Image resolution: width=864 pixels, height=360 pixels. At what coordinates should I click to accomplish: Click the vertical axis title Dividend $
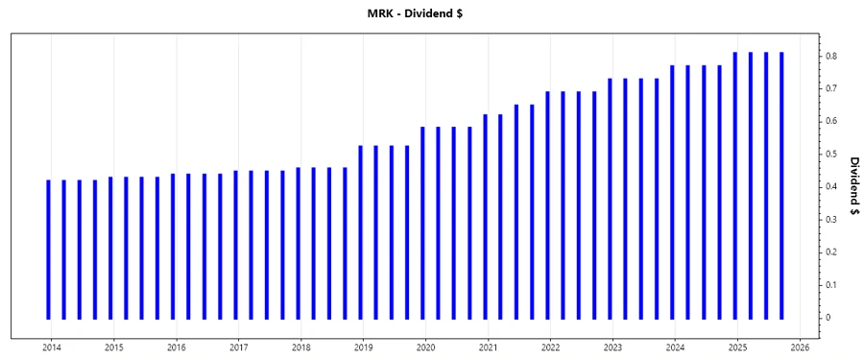[x=853, y=186]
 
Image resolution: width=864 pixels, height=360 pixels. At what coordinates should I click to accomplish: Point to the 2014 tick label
[x=52, y=348]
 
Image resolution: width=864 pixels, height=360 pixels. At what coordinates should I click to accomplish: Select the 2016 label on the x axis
[x=177, y=348]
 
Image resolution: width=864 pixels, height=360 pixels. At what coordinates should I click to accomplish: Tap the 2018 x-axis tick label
[x=301, y=348]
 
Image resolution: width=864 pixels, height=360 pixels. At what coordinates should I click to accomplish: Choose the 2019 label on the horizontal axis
[x=364, y=348]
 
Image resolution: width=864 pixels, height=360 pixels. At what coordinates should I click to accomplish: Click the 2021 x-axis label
[x=489, y=348]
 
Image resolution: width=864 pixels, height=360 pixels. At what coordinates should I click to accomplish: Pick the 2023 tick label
[x=613, y=348]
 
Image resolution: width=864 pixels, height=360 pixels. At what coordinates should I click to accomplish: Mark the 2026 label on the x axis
[x=801, y=348]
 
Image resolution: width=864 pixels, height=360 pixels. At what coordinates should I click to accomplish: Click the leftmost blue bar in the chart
[x=48, y=249]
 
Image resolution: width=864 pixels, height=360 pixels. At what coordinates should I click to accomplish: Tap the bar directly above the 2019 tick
[x=360, y=231]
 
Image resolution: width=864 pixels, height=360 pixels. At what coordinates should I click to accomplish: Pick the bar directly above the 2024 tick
[x=672, y=191]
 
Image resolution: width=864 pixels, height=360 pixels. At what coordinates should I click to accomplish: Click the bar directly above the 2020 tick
[x=422, y=222]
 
